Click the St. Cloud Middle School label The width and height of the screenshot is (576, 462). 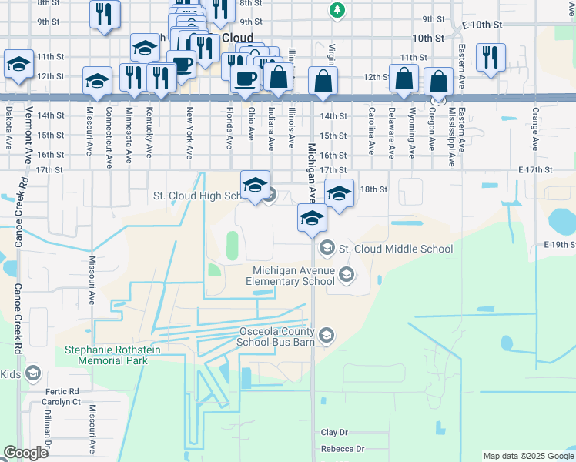pos(396,249)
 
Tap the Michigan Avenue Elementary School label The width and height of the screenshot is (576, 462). pos(296,276)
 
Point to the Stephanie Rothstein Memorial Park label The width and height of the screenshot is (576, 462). pos(105,354)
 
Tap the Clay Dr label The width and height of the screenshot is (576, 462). pos(335,433)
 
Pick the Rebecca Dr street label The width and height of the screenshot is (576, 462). pos(343,449)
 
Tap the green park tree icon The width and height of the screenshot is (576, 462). pos(337,10)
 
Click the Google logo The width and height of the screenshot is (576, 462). pos(25,453)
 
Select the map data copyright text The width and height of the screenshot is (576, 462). pos(527,456)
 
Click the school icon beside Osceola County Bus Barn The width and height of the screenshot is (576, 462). pos(327,334)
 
